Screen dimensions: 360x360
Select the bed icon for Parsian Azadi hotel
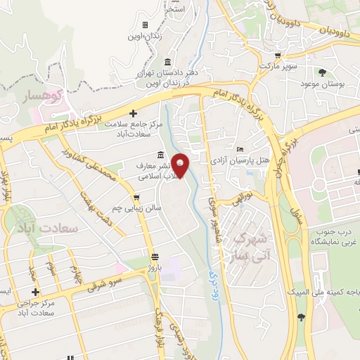pos(240,149)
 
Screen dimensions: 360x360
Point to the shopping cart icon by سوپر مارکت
pos(278,55)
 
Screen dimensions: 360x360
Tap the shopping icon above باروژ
pos(155,256)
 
